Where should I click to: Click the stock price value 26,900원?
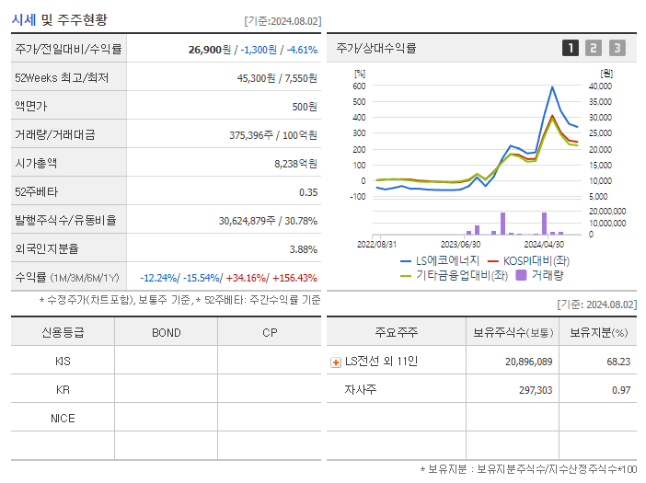(x=211, y=49)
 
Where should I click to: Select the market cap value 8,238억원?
(x=295, y=163)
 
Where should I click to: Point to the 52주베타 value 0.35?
(x=307, y=191)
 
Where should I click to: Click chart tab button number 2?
(x=594, y=48)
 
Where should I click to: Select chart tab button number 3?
(x=617, y=48)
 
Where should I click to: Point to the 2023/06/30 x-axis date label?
(x=460, y=244)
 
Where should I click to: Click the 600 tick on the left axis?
(x=359, y=86)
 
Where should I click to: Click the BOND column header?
(x=166, y=332)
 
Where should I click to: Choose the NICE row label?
(x=63, y=418)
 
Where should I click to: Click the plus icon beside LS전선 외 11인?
(x=336, y=362)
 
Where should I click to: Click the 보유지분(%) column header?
(x=597, y=332)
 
